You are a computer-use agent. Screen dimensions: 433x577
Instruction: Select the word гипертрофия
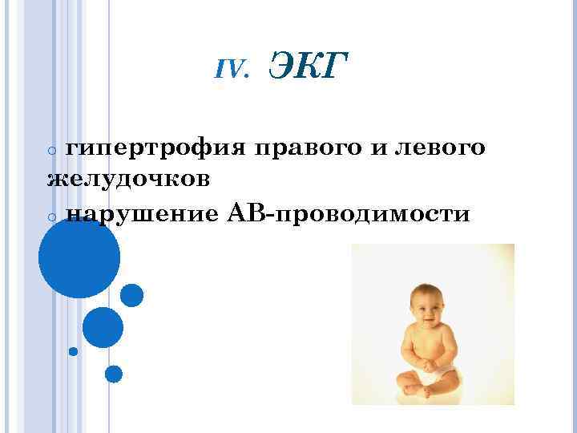(155, 148)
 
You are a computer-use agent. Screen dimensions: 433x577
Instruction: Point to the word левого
(438, 148)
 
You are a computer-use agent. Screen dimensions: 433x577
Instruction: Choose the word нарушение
(141, 214)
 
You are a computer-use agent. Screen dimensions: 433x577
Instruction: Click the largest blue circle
(79, 258)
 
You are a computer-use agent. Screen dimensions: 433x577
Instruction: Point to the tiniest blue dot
(73, 350)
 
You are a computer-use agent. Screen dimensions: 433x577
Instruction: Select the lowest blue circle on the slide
(114, 374)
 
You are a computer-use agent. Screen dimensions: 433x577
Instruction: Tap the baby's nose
(426, 306)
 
